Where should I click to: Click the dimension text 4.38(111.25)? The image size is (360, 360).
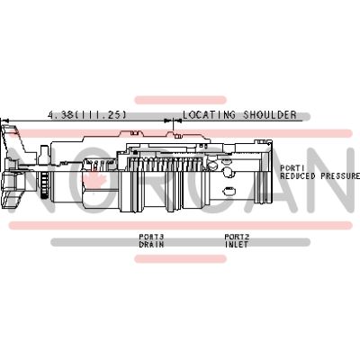coord(87,115)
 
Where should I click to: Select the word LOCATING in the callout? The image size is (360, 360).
coord(209,115)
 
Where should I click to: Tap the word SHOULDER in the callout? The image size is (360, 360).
coord(270,115)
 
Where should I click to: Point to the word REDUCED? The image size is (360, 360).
coord(298,175)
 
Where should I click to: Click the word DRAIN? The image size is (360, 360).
coord(151,245)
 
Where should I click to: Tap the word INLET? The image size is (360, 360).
coord(237,245)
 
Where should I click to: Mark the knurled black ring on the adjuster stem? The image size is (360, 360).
coord(44,185)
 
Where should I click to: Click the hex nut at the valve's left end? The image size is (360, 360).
coord(12,187)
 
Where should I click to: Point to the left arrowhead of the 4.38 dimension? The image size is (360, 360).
coord(5,121)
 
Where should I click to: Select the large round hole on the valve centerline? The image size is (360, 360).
coord(227,172)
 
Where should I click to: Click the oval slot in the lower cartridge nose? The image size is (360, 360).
coord(229,191)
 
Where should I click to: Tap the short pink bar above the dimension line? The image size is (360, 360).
coord(180,100)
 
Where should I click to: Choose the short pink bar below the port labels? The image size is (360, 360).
coord(180,259)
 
